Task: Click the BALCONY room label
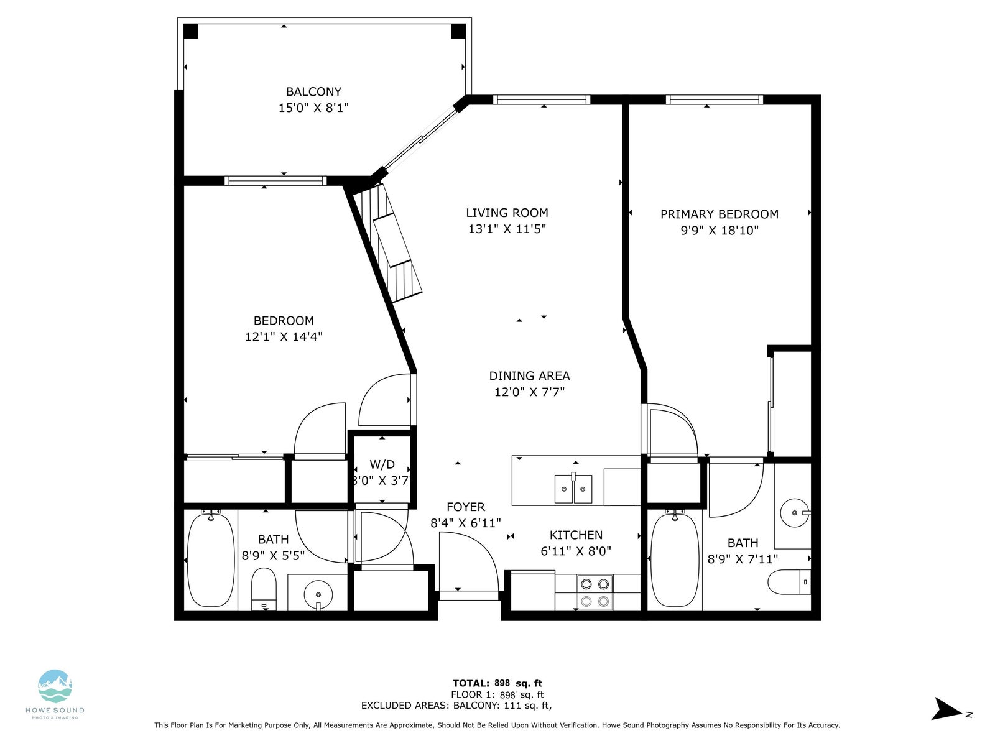[x=313, y=91]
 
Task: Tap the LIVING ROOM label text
[x=507, y=213]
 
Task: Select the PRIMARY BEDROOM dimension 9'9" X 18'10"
[x=720, y=230]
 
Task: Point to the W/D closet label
[x=382, y=464]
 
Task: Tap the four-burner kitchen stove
[x=595, y=592]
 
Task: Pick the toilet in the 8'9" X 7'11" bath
[x=789, y=582]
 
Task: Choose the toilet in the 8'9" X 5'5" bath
[x=264, y=589]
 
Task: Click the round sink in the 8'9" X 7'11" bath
[x=795, y=513]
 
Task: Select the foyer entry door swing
[x=469, y=561]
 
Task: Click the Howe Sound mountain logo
[x=55, y=686]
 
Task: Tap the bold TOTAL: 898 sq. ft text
[x=497, y=683]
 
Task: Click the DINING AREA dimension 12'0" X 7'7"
[x=529, y=392]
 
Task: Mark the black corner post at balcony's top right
[x=458, y=31]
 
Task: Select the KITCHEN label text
[x=576, y=535]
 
